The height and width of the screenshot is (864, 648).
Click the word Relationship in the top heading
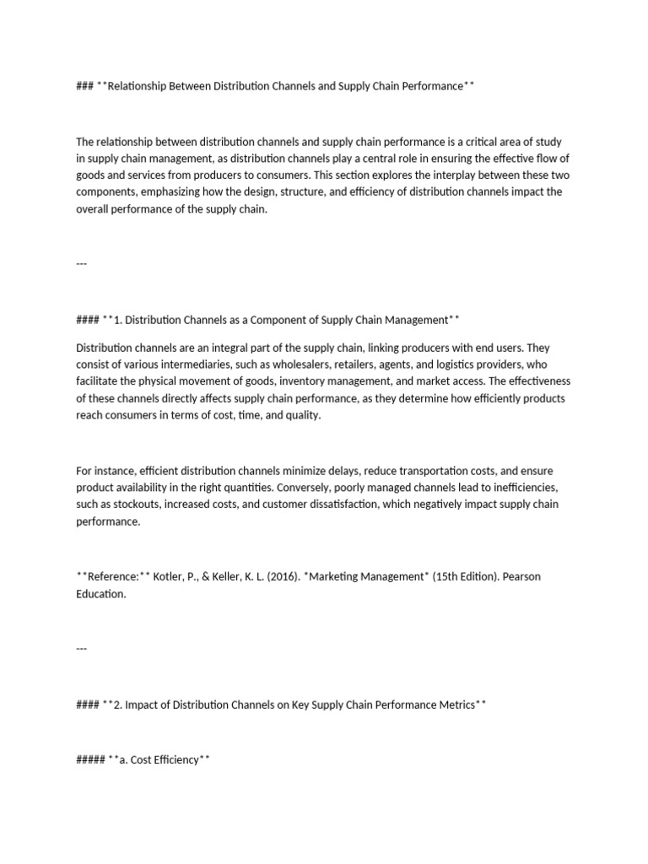coord(143,86)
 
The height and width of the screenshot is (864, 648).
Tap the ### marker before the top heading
coord(84,86)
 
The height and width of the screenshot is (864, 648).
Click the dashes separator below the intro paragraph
coord(81,263)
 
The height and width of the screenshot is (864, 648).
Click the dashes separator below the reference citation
coord(81,648)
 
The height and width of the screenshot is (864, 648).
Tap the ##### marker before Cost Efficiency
coord(90,760)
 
